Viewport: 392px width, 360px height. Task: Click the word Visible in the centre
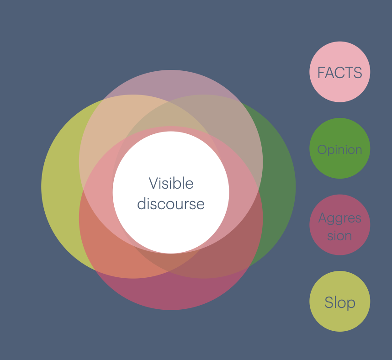(x=171, y=184)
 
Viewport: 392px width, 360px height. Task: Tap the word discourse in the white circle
(x=171, y=204)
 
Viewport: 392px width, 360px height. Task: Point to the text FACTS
(x=339, y=73)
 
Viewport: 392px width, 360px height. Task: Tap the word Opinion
(x=339, y=150)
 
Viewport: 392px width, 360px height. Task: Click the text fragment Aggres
(x=339, y=218)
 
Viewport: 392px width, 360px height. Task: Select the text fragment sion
(x=339, y=236)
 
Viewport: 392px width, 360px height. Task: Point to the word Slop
(x=339, y=302)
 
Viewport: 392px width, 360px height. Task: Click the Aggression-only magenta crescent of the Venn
(x=171, y=295)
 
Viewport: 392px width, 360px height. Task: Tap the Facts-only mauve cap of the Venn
(x=171, y=82)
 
